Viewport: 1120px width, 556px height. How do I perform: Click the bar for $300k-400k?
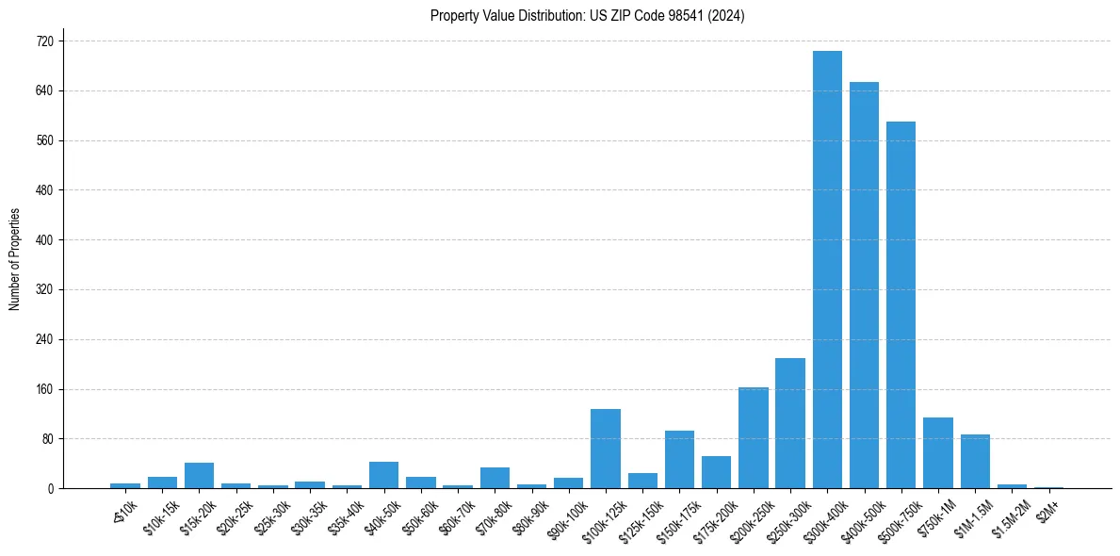[827, 270]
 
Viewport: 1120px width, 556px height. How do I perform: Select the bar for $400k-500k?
[864, 285]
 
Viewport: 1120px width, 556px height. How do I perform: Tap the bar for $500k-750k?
[901, 304]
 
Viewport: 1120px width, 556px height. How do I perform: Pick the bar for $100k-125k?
[606, 449]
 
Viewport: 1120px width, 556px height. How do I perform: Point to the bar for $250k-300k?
[790, 423]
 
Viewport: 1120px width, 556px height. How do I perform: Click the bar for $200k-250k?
[754, 437]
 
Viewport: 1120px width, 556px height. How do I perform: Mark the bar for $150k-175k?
[679, 459]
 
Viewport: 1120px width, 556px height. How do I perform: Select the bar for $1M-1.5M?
[975, 461]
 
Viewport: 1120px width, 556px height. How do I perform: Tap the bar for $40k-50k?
[383, 475]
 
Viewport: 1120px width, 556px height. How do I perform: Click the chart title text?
[587, 16]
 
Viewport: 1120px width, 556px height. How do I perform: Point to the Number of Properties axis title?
[15, 259]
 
